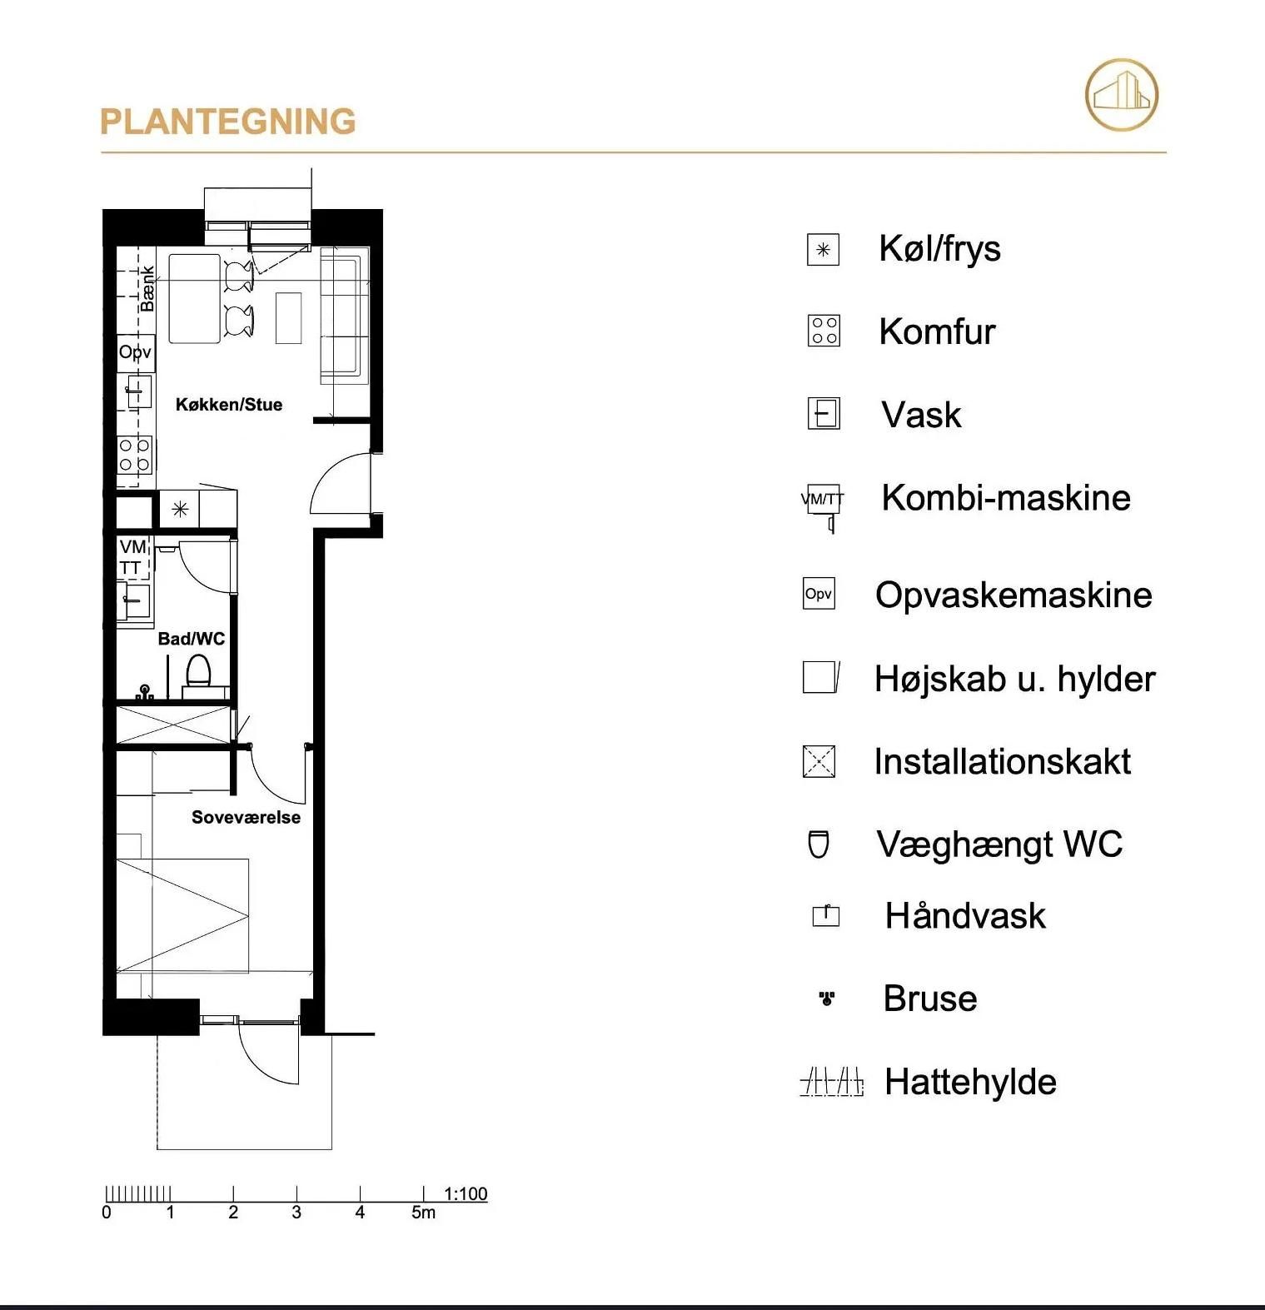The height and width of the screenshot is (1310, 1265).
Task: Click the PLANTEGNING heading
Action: [227, 122]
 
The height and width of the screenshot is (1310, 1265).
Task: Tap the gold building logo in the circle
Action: [1122, 94]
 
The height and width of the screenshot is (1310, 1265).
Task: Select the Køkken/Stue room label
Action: [229, 405]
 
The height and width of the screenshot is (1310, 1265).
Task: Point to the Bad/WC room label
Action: [192, 639]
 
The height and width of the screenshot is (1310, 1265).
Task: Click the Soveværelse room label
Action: [246, 817]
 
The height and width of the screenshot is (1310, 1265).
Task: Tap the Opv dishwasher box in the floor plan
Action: [136, 351]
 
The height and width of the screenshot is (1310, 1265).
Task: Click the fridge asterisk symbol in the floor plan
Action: [180, 509]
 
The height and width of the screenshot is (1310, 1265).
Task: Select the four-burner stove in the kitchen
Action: [135, 455]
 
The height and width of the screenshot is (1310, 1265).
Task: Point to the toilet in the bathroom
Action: [198, 670]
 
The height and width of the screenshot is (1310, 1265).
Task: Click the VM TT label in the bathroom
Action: [132, 557]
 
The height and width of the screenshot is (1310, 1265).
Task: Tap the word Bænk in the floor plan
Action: [147, 289]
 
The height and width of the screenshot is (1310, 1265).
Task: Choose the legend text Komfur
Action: [937, 331]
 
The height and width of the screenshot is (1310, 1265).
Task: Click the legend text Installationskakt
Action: [1002, 761]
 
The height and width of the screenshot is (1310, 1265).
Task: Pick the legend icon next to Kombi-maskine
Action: [823, 506]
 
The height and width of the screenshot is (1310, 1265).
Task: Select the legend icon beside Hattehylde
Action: [832, 1082]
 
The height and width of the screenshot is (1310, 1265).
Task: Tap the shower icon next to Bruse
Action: [826, 998]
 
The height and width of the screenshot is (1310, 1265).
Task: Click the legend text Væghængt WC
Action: [999, 844]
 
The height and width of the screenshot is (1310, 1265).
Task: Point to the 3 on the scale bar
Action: [296, 1213]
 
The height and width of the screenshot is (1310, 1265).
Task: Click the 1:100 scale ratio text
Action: [466, 1193]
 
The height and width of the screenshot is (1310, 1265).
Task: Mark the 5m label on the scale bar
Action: [423, 1213]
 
